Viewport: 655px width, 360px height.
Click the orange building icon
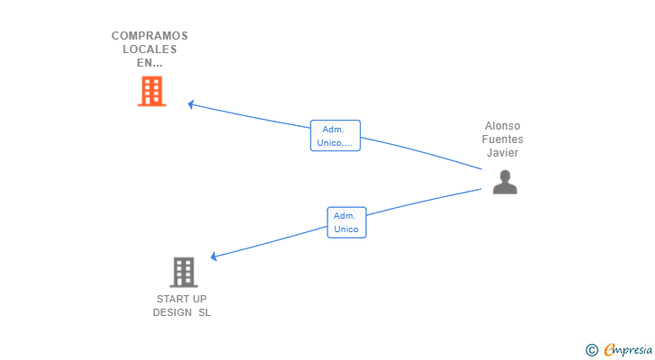(152, 91)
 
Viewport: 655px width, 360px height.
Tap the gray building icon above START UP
(184, 273)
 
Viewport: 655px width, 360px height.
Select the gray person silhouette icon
(505, 182)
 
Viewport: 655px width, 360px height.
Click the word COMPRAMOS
(149, 36)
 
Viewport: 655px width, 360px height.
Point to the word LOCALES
(149, 49)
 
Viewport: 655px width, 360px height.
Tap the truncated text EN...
(149, 63)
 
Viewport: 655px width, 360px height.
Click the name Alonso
(502, 126)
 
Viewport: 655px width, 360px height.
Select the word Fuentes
(502, 139)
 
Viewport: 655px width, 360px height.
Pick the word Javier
(502, 152)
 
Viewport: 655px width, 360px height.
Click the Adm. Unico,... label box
(335, 136)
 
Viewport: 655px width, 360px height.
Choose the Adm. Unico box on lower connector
(346, 222)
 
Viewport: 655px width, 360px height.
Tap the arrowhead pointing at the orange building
(191, 104)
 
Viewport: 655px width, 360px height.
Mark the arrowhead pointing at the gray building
(213, 256)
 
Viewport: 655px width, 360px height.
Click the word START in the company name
(170, 299)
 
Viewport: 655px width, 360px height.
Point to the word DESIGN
(172, 312)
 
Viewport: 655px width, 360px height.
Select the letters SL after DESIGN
(204, 312)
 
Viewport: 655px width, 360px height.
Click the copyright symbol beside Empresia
(591, 350)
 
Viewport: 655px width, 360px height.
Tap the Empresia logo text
(628, 350)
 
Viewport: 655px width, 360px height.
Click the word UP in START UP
(199, 299)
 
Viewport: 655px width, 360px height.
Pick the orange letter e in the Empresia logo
(609, 349)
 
